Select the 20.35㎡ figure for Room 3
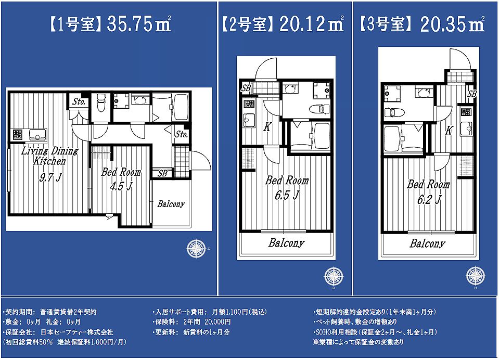[x=453, y=24]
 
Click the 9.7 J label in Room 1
[x=50, y=177]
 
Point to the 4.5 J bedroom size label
[x=121, y=186]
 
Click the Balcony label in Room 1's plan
[x=171, y=204]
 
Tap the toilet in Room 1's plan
[x=101, y=102]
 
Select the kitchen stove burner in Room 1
[x=18, y=135]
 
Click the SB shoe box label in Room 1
[x=162, y=173]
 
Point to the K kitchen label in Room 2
[x=267, y=127]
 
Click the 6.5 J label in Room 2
[x=287, y=195]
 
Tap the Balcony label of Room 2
[x=286, y=243]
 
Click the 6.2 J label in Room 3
[x=429, y=200]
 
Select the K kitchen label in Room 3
[x=449, y=130]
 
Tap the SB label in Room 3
[x=472, y=94]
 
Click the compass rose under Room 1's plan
[x=196, y=248]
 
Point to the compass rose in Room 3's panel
[x=476, y=276]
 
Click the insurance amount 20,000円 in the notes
[x=217, y=322]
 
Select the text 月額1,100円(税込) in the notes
[x=240, y=312]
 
